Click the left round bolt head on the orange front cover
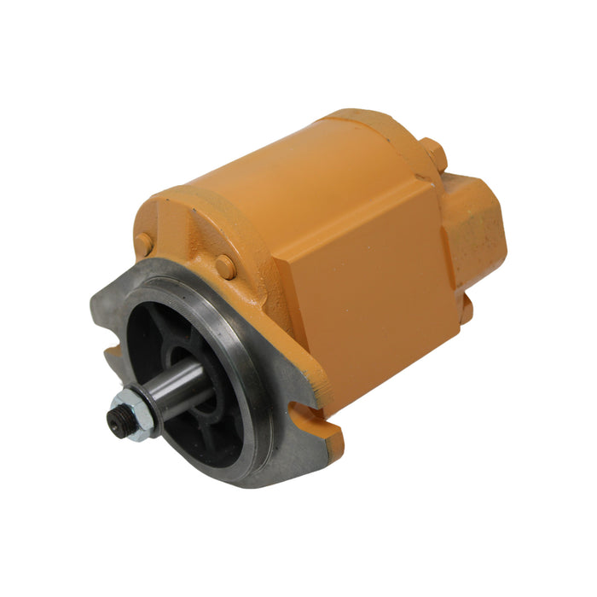pyautogui.click(x=143, y=245)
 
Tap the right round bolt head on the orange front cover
pyautogui.click(x=225, y=266)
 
